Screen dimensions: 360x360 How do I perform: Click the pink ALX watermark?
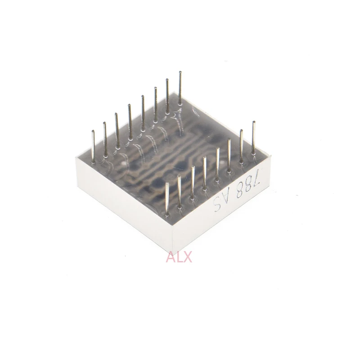coord(179,257)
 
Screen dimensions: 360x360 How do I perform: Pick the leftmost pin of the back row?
coord(93,147)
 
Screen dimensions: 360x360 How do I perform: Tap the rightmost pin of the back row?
coord(180,88)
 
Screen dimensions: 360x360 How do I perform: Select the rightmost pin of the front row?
coord(254,137)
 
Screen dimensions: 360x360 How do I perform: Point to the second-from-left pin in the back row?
coord(105,139)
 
